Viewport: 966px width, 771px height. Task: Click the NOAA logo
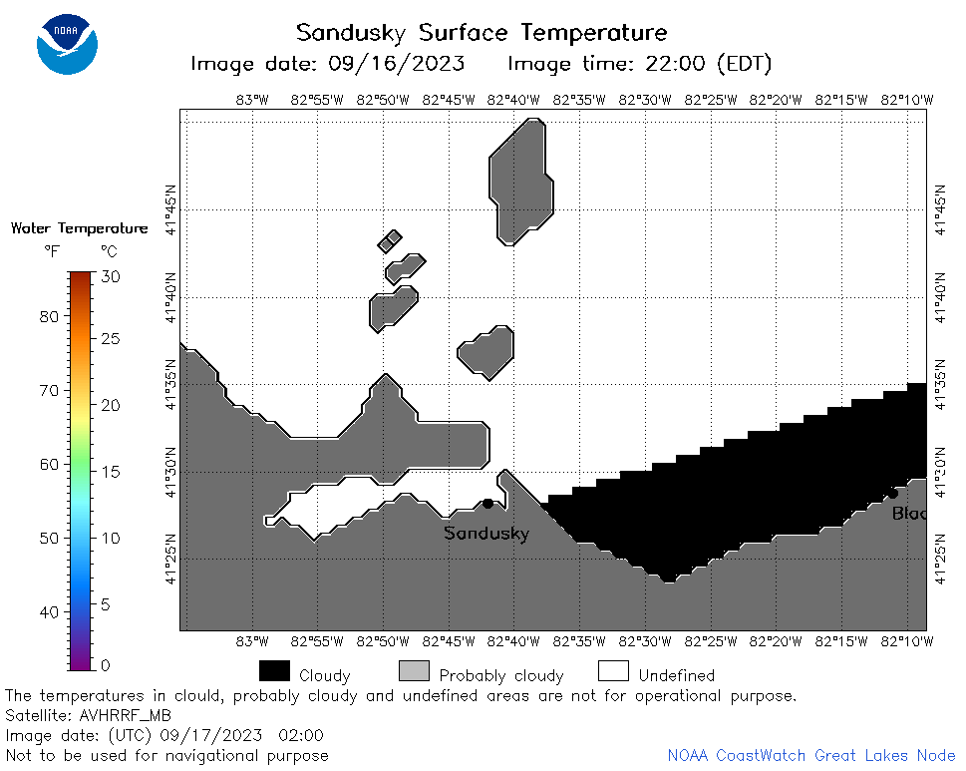[x=67, y=44]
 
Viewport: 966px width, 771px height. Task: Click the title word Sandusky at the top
[x=351, y=33]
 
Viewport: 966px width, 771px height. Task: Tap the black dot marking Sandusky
[x=487, y=504]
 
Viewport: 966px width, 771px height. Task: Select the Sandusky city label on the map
[x=486, y=533]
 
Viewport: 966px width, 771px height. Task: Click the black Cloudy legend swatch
[x=274, y=671]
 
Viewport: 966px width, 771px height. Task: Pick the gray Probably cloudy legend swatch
[x=414, y=671]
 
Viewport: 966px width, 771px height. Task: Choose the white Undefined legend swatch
[x=614, y=671]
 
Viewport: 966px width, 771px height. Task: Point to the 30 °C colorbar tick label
[x=111, y=276]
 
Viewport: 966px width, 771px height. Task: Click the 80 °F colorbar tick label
[x=49, y=317]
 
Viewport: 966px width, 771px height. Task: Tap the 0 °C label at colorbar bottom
[x=106, y=665]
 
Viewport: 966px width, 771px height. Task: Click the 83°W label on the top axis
[x=252, y=100]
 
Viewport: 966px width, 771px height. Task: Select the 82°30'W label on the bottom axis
[x=644, y=641]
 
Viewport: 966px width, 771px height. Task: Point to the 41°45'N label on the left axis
[x=170, y=209]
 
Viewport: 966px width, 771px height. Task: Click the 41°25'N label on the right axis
[x=940, y=559]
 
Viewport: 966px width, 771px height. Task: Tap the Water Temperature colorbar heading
[x=80, y=228]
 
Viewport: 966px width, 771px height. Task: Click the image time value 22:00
[x=675, y=64]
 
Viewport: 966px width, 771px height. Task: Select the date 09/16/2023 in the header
[x=396, y=64]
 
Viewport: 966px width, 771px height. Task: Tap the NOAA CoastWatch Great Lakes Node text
[x=811, y=756]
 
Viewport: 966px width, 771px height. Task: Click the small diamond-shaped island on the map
[x=390, y=241]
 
